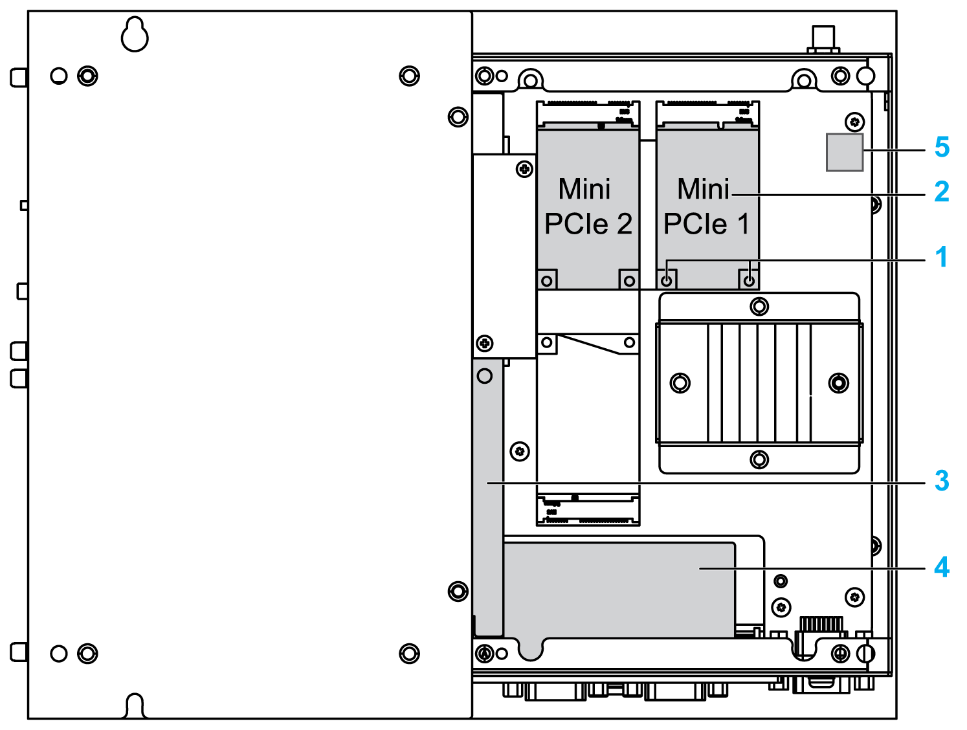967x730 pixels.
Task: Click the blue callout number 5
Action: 942,148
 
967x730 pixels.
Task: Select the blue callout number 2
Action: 942,192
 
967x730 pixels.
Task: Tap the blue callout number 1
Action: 942,257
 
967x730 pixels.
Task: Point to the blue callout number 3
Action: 942,481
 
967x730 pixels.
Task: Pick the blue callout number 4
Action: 942,568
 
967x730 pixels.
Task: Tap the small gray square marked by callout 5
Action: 845,153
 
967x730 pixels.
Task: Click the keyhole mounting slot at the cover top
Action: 135,36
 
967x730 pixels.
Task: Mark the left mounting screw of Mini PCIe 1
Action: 666,281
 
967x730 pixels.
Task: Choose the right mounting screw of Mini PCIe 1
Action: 749,281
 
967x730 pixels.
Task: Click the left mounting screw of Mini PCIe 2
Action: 547,281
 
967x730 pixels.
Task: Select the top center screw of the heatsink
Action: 759,305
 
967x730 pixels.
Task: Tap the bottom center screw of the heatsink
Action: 759,459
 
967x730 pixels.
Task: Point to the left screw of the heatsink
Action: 680,383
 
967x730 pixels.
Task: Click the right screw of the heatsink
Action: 839,383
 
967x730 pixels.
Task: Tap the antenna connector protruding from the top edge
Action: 823,39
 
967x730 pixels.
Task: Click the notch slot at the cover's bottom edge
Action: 135,707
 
